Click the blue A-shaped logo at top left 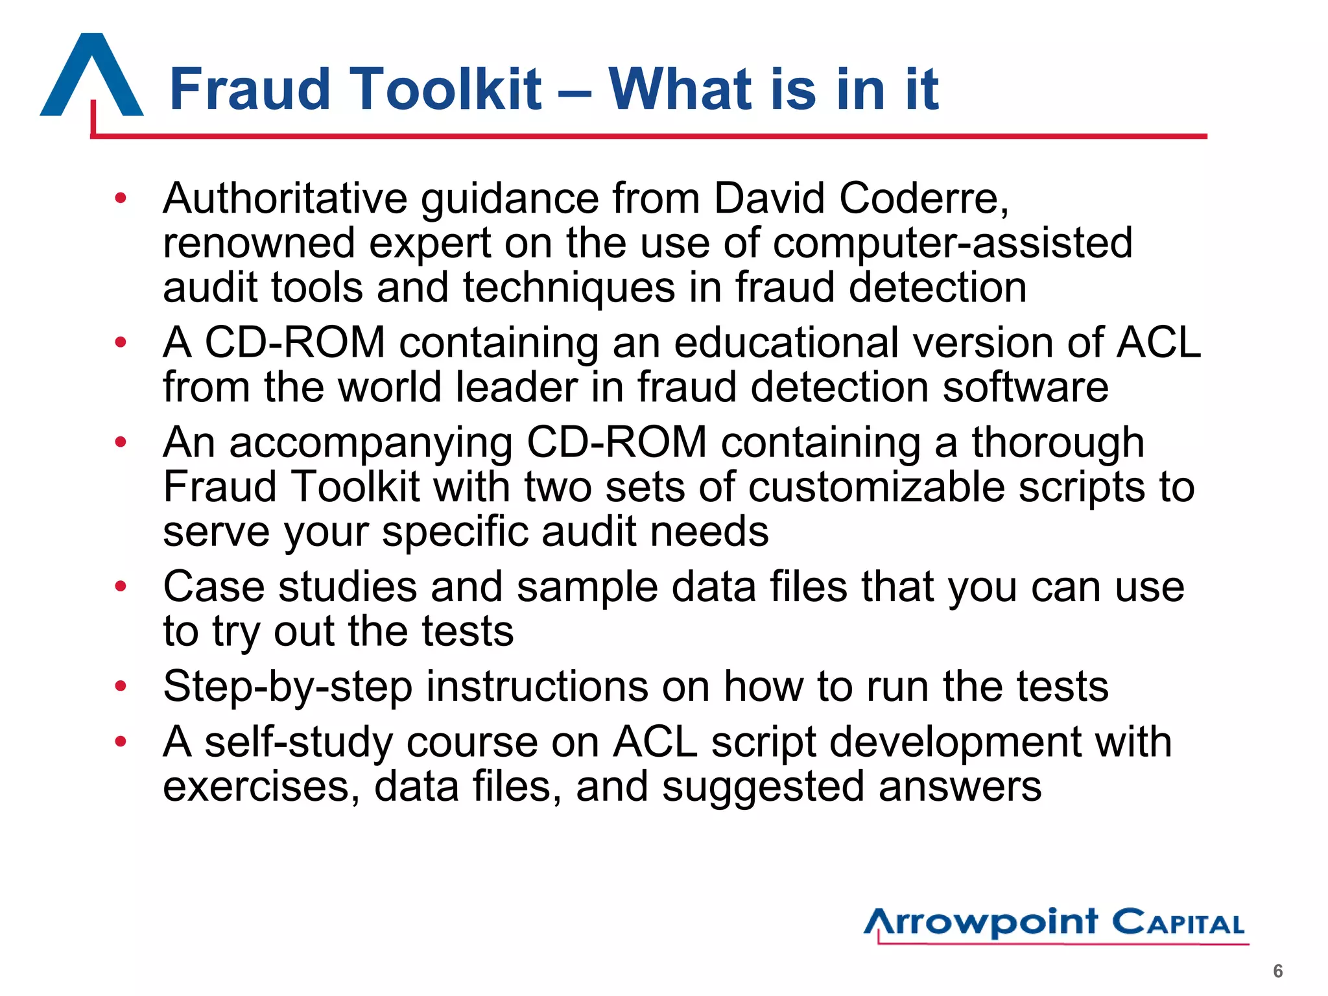(91, 77)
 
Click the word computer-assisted (953, 243)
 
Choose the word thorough (1058, 443)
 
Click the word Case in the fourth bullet (214, 587)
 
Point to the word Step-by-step (288, 687)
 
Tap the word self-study (298, 742)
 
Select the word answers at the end (960, 787)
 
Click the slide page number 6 (1277, 971)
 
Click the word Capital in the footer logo (1179, 923)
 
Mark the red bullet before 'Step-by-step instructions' (121, 686)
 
